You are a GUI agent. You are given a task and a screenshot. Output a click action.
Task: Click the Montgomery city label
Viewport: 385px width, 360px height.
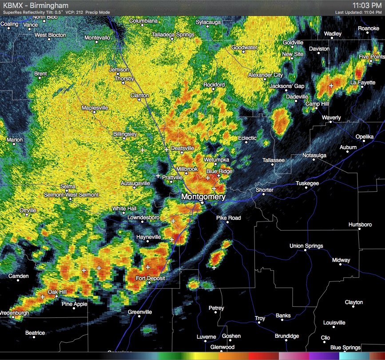pos(203,197)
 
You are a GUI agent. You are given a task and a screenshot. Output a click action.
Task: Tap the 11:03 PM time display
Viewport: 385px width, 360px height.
pos(367,5)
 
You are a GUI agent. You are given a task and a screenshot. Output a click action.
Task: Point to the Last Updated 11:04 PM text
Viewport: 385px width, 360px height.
pos(358,12)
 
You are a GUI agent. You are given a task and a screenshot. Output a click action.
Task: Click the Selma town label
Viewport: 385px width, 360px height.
pos(68,186)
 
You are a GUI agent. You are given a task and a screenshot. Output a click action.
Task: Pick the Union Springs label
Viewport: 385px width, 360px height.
pos(306,246)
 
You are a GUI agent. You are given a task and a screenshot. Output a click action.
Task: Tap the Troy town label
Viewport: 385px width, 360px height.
pos(260,318)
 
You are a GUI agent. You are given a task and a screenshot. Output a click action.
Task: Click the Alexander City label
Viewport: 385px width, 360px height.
pos(265,75)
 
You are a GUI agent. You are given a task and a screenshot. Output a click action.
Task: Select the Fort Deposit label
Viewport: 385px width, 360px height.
pos(150,278)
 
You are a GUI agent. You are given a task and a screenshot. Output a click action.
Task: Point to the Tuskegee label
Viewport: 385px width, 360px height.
pos(307,183)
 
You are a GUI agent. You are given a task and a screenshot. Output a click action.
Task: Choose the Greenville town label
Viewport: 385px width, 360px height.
pos(140,312)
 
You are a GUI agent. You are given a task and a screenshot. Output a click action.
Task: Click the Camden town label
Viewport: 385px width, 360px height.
pos(19,276)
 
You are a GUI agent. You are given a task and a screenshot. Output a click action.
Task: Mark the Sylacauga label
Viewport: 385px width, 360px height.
pos(209,22)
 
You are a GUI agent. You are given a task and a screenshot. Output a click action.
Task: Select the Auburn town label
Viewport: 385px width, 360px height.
pos(348,147)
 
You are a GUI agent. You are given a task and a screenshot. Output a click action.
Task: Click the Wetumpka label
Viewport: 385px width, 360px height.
pos(216,159)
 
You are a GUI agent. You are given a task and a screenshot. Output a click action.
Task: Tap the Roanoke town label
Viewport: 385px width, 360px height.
pos(369,28)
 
